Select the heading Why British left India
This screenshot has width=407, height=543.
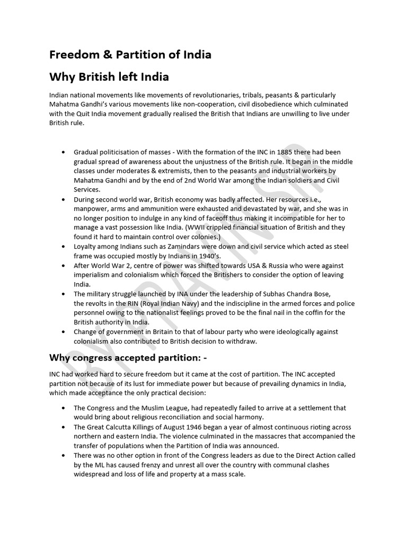click(109, 77)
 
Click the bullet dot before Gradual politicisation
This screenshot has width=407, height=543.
click(64, 152)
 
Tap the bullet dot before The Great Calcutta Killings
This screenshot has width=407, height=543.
click(64, 427)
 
